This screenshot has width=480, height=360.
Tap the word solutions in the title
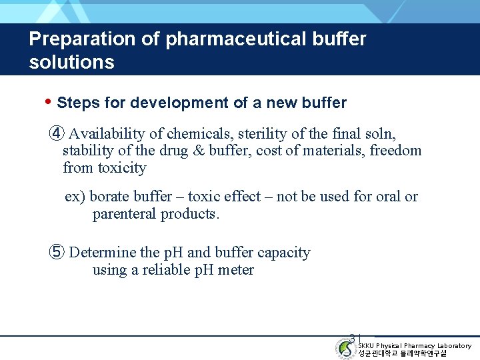71,63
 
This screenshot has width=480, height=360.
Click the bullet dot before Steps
47,102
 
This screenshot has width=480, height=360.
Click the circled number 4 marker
57,133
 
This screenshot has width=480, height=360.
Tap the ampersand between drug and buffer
197,151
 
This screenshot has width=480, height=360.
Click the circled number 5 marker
57,252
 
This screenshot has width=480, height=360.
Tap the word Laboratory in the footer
453,345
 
